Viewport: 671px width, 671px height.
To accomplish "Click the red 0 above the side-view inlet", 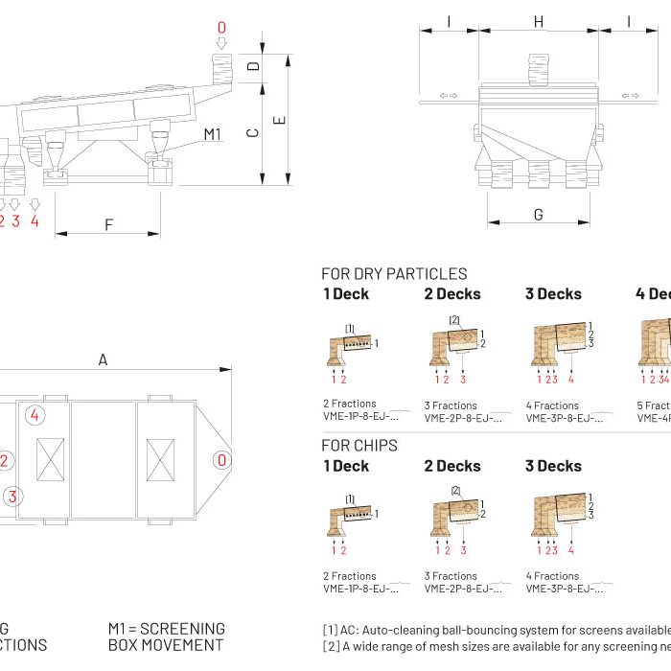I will (x=222, y=29).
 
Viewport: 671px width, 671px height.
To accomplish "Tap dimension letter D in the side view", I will (x=253, y=67).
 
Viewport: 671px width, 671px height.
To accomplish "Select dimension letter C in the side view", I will (x=253, y=133).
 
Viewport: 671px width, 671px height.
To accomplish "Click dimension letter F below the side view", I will (x=108, y=225).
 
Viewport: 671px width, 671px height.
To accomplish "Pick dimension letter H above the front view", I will (x=538, y=21).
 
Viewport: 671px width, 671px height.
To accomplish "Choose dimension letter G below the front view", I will (x=538, y=215).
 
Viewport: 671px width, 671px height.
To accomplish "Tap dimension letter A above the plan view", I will (x=103, y=359).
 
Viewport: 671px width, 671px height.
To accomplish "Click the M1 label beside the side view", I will (x=213, y=134).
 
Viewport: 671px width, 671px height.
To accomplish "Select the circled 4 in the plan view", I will (x=35, y=415).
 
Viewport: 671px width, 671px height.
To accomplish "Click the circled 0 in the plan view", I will (x=221, y=460).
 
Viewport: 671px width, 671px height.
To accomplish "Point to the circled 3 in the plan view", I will (x=12, y=496).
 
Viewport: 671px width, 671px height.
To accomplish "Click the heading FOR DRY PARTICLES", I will (x=394, y=274).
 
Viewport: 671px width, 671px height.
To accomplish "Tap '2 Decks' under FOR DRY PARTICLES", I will (x=452, y=294).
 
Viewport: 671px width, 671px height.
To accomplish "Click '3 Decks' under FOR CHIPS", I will (x=553, y=466).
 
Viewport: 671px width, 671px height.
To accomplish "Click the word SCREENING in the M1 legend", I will (x=181, y=629).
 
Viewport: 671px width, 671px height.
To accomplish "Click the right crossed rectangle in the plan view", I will (x=159, y=460).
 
